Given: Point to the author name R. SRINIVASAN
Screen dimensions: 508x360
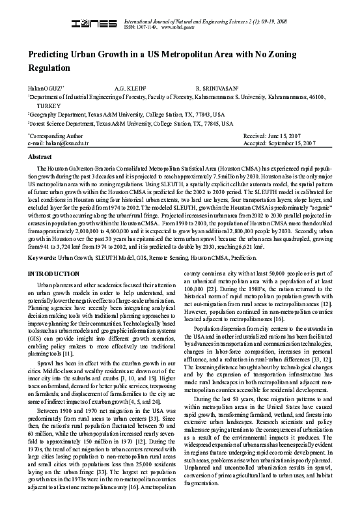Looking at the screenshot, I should [217, 87].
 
